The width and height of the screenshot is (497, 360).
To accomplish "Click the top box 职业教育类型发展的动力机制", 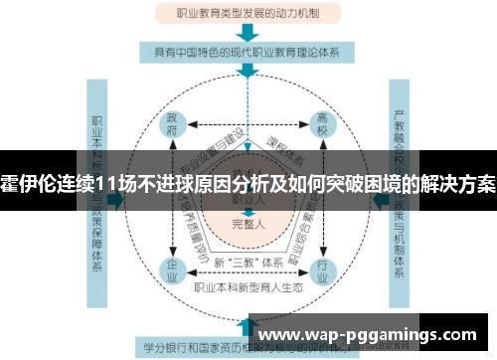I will pyautogui.click(x=248, y=14).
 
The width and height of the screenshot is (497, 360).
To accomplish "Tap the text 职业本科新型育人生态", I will pyautogui.click(x=248, y=286).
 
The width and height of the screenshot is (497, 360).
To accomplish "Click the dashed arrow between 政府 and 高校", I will pyautogui.click(x=248, y=124).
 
